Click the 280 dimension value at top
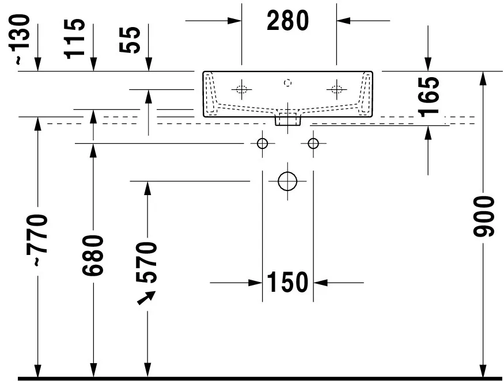[287, 21]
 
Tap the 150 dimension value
[287, 283]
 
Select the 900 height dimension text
[484, 217]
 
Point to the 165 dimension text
[429, 96]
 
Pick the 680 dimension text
[93, 256]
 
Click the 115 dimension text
[74, 39]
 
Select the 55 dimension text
[130, 40]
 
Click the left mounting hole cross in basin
[242, 89]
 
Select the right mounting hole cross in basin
[336, 89]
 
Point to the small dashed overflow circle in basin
[287, 83]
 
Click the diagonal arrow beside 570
[146, 298]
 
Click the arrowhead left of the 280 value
[234, 21]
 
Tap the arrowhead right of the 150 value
[320, 283]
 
